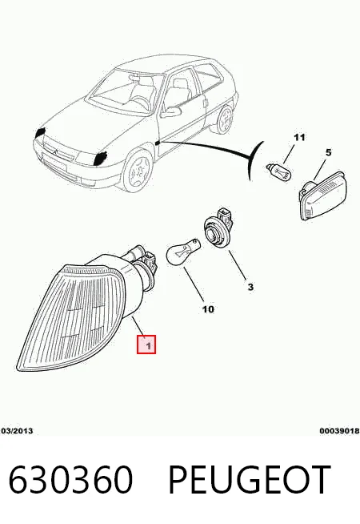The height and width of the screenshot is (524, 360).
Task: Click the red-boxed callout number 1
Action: [146, 345]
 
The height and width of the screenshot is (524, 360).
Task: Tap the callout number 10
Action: [208, 309]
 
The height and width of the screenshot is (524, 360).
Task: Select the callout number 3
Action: [250, 287]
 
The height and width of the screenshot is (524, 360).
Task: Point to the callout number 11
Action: [299, 137]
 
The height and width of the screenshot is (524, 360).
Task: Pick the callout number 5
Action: [329, 152]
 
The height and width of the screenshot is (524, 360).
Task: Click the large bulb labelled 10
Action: [182, 250]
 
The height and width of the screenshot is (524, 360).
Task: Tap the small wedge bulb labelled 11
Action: [279, 171]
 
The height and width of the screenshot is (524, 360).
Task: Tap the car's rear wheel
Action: [226, 119]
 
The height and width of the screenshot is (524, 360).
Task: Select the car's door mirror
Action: [171, 111]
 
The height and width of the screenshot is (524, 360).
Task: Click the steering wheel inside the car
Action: [141, 101]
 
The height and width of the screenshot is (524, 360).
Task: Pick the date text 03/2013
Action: [17, 431]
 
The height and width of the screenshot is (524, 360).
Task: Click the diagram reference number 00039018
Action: [340, 431]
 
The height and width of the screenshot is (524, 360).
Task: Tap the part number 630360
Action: [70, 480]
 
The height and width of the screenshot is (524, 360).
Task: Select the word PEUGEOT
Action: [250, 480]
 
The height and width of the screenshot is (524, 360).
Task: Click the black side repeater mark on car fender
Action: [158, 143]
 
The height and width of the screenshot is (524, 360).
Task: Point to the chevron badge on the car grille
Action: [56, 152]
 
